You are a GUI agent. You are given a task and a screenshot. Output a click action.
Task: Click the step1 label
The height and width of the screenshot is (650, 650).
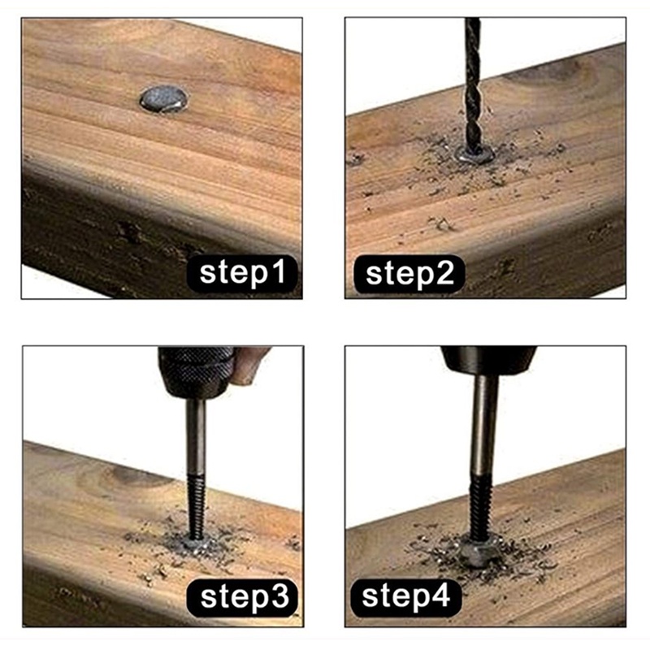pyautogui.click(x=242, y=273)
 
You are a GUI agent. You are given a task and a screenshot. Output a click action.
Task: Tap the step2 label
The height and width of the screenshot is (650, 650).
pyautogui.click(x=409, y=274)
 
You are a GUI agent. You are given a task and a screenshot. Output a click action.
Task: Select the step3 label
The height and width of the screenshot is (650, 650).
pyautogui.click(x=243, y=596)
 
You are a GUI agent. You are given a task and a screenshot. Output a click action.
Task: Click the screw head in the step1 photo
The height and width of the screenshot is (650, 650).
pyautogui.click(x=163, y=99)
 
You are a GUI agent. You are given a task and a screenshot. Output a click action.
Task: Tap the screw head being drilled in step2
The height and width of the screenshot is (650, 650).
pyautogui.click(x=475, y=154)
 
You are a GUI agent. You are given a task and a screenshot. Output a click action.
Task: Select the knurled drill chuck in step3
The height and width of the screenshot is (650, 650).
pyautogui.click(x=196, y=372)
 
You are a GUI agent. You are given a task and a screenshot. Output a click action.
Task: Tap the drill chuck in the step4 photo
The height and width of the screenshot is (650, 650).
pyautogui.click(x=488, y=360)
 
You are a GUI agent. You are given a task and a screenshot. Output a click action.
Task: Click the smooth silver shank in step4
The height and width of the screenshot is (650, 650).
pyautogui.click(x=483, y=424)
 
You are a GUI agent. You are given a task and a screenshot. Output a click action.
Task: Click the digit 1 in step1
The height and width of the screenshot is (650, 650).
pyautogui.click(x=279, y=271)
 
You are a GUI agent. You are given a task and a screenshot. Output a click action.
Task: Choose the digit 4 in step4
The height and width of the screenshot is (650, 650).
pyautogui.click(x=440, y=596)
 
